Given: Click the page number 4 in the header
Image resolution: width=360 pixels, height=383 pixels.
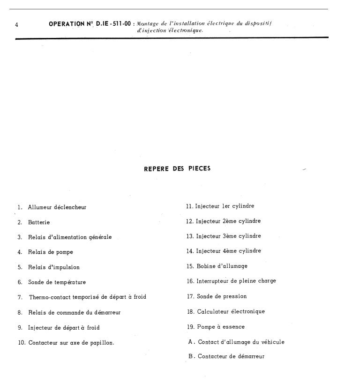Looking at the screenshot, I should pos(16,25).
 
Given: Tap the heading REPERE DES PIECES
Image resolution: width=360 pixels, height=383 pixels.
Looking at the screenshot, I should pos(177,169).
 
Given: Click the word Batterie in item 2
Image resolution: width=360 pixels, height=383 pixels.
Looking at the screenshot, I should pos(39,222).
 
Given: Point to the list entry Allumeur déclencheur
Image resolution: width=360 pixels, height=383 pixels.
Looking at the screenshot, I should pos(57,207).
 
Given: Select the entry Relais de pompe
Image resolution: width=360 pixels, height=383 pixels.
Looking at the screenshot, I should pos(50,252).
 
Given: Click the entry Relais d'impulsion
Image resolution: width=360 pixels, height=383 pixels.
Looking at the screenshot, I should pos(53,267).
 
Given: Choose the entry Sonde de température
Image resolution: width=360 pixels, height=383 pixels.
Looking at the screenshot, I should pos(57,282).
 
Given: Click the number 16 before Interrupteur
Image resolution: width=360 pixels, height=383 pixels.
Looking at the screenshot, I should pos(190,281).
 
